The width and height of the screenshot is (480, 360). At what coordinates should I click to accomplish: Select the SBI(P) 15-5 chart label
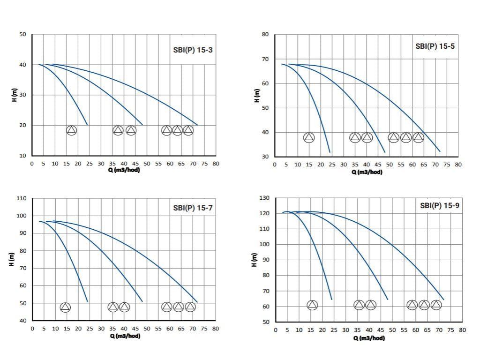coord(435,46)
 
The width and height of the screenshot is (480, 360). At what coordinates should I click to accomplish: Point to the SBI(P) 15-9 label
coord(439,205)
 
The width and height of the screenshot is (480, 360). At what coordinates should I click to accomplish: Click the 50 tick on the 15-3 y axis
coord(22,35)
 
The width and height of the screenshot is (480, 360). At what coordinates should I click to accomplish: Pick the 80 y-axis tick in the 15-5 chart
coord(265,35)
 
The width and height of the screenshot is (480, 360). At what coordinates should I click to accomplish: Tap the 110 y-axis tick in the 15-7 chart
coord(21,198)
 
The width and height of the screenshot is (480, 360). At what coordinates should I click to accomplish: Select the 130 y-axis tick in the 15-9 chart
coord(263,198)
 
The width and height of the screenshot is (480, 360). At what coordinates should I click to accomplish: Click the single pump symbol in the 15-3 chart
coord(71,130)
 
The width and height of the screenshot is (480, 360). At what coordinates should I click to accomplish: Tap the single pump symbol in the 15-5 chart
coord(309,137)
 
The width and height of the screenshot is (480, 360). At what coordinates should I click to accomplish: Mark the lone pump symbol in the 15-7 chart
coord(65,307)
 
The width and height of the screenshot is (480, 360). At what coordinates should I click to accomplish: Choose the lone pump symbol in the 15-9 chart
coord(312,305)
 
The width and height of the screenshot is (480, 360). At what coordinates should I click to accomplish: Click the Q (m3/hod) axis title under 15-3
coord(124,170)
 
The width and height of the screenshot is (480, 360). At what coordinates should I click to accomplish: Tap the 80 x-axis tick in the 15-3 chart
coord(216,164)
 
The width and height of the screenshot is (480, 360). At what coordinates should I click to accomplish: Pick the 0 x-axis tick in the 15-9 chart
coord(276,330)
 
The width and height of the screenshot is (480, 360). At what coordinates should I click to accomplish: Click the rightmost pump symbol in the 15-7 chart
coord(190,307)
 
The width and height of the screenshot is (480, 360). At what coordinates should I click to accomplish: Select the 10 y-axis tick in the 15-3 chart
coord(22,156)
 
